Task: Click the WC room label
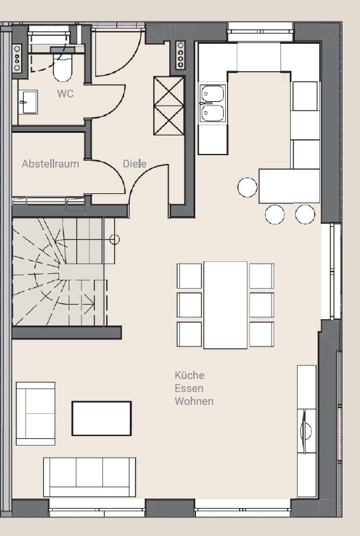65,94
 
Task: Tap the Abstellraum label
50,164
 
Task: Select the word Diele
134,164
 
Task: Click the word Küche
190,376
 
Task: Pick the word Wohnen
194,401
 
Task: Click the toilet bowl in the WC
62,68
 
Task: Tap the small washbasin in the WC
27,102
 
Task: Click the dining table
225,305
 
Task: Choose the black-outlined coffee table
102,418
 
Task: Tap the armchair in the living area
35,413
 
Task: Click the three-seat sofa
89,476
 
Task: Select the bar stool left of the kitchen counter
247,187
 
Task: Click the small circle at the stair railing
114,240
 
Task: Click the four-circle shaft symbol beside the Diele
180,55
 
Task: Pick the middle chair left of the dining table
189,305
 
